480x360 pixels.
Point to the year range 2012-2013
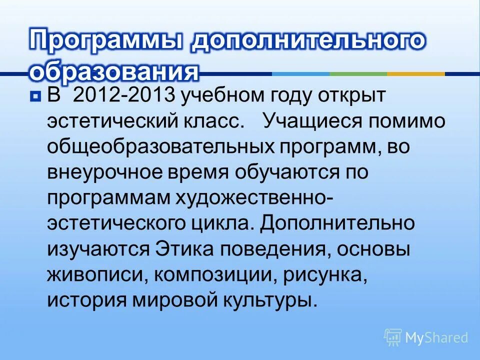point(123,95)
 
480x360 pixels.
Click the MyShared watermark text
point(436,338)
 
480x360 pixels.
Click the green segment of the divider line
point(358,74)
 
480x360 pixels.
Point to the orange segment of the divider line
point(416,74)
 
